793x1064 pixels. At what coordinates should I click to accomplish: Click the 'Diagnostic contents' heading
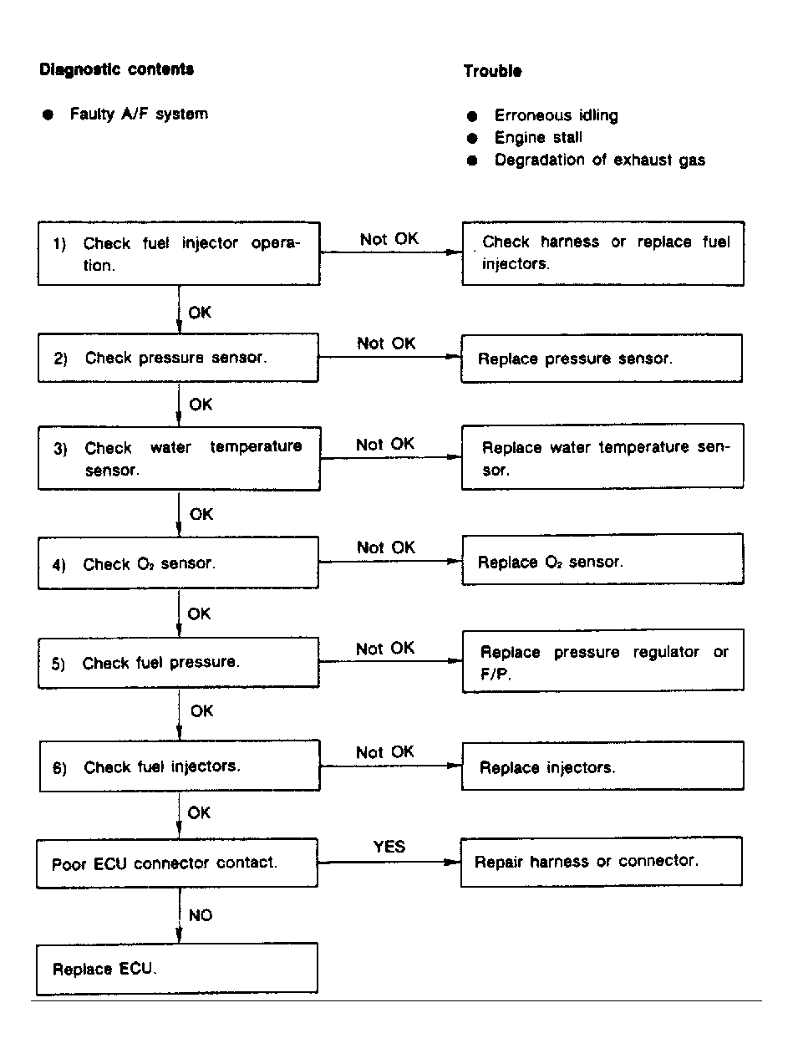[117, 69]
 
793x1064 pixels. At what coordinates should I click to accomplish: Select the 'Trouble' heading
[493, 71]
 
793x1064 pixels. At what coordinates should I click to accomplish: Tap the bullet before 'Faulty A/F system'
[48, 114]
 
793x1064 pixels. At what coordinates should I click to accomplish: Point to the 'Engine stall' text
[538, 137]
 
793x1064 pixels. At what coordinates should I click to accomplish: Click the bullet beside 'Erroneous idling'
[473, 115]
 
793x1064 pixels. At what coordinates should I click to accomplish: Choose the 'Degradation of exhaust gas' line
[599, 160]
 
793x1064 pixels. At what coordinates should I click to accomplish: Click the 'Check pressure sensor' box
[178, 359]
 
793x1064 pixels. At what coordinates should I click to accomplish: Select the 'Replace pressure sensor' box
[602, 359]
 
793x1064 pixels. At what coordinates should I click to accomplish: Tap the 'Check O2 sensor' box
[178, 563]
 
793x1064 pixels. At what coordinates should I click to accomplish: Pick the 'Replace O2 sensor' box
[602, 562]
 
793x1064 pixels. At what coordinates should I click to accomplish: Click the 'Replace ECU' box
[178, 969]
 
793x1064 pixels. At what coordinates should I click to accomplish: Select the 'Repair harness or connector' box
[602, 862]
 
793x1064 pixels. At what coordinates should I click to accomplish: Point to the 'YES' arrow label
[389, 847]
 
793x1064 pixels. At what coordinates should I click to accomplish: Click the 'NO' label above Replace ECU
[201, 915]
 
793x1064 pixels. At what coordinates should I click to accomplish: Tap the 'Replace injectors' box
[602, 766]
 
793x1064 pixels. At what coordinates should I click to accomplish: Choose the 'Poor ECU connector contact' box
[178, 863]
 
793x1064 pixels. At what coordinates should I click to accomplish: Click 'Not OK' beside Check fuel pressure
[385, 649]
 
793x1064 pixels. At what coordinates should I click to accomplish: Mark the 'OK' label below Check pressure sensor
[201, 405]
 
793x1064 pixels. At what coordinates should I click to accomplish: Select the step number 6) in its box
[59, 768]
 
